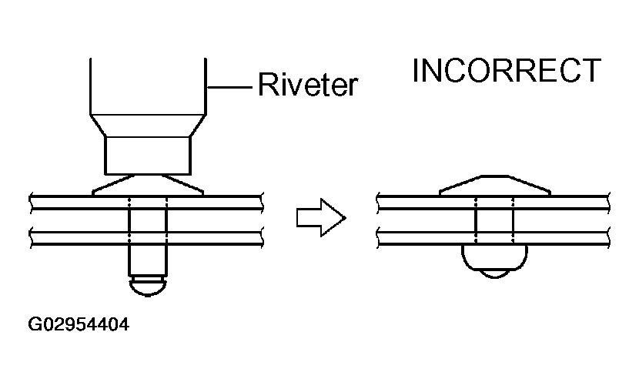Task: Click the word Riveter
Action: click(308, 84)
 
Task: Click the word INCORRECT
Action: click(506, 70)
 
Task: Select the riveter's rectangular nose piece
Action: click(147, 154)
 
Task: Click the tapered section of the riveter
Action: click(147, 126)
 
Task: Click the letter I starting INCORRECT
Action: click(417, 70)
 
